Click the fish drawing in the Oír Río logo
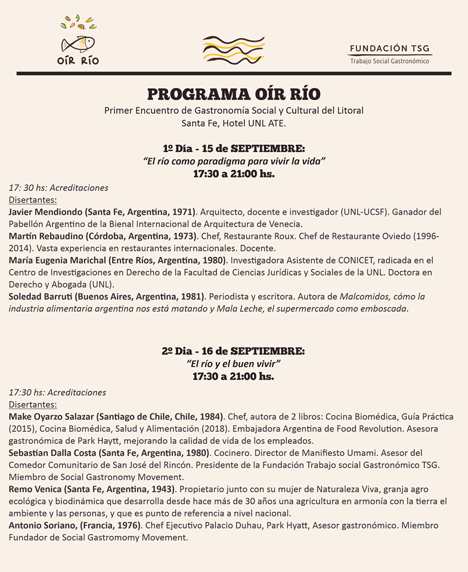78,44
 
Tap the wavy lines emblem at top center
234,50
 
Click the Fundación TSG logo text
390,49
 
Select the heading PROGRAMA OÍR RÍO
234,94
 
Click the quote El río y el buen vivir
234,363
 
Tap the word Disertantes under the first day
33,200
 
